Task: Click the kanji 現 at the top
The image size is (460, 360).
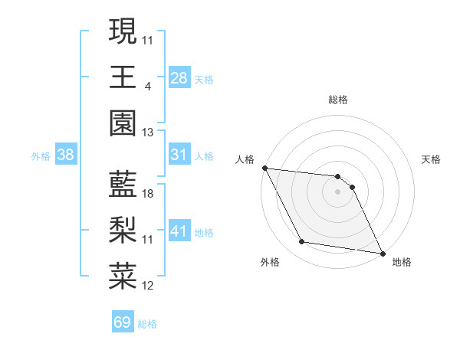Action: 123,31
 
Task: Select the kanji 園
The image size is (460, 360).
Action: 123,122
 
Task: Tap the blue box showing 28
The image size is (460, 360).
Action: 179,77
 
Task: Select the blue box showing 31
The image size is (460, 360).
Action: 179,155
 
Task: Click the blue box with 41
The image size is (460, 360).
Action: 179,231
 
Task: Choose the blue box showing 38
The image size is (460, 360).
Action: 66,155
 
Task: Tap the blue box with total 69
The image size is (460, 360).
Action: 123,322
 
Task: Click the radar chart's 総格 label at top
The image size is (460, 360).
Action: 338,100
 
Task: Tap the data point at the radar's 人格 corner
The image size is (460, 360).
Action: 264,167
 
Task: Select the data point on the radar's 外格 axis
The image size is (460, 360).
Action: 302,242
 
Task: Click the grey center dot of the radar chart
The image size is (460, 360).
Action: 338,191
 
